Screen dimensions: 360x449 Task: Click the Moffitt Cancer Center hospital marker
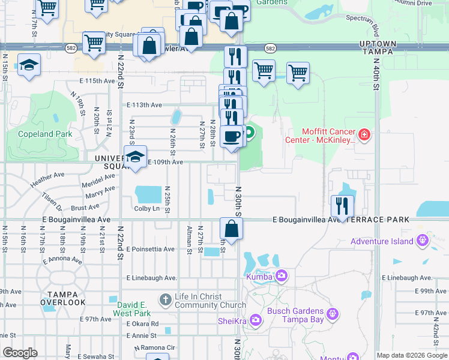(364, 136)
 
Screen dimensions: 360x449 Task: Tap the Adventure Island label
(382, 241)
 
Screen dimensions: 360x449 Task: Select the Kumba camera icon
(281, 277)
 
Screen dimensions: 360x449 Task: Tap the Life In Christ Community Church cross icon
(166, 299)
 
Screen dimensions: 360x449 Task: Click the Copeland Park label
(45, 134)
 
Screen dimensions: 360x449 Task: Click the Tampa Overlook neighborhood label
(63, 298)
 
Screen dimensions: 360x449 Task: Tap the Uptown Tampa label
(378, 48)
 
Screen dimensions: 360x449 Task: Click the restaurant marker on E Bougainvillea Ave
(342, 206)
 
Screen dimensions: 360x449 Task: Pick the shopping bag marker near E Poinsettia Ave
(231, 228)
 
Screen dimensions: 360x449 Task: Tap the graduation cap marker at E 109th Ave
(136, 158)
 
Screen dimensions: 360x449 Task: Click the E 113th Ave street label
(145, 105)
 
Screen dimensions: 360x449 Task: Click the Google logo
(20, 353)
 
